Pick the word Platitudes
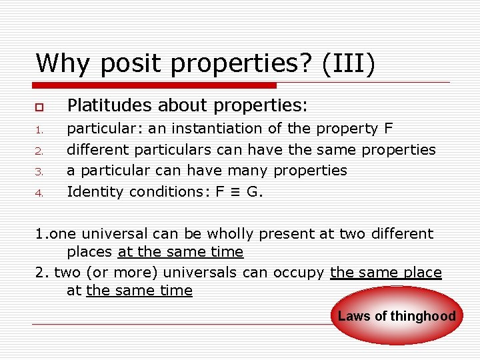pos(106,105)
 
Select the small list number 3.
pos(40,172)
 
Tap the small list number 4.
pos(40,193)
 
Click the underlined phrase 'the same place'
pos(386,272)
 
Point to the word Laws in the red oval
pos(354,317)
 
